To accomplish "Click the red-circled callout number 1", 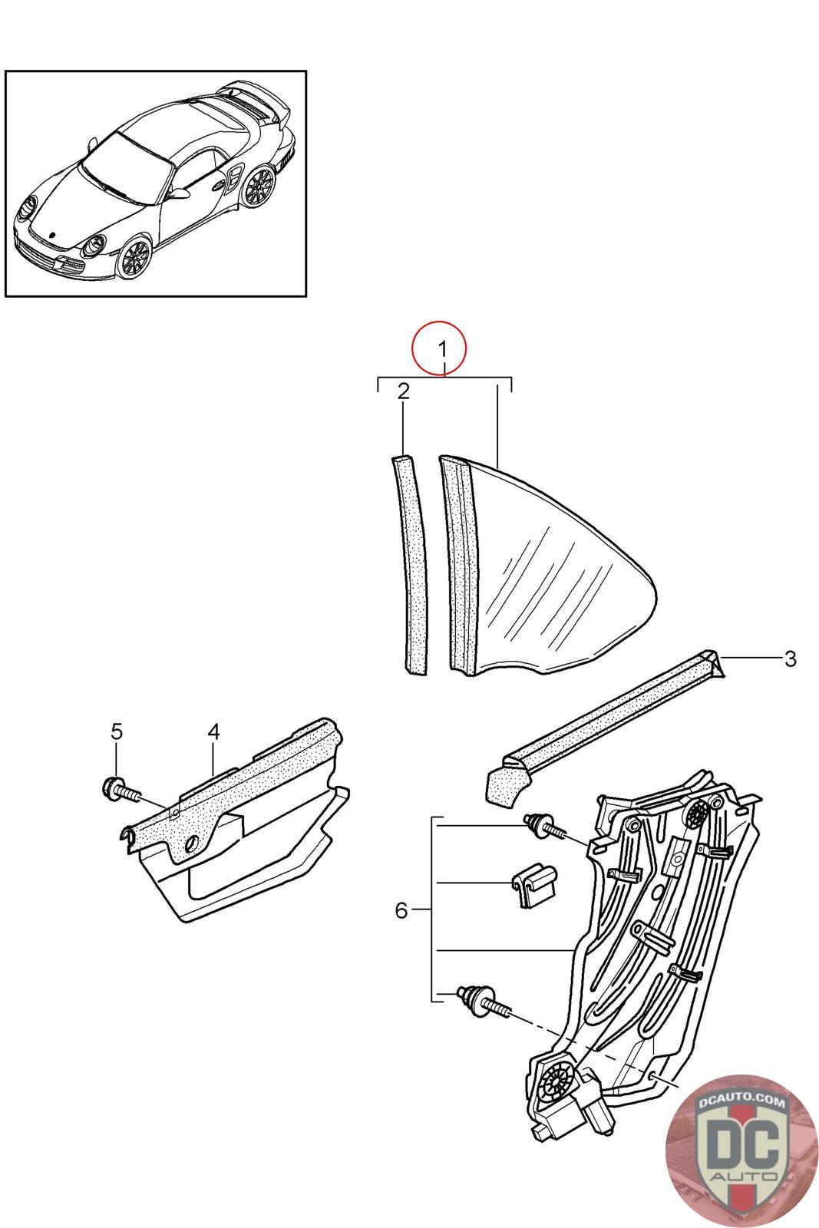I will [441, 348].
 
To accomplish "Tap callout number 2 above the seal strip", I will [403, 392].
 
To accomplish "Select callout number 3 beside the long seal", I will [790, 659].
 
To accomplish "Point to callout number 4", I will [213, 731].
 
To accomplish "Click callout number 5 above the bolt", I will [116, 731].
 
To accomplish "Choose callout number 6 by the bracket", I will [401, 910].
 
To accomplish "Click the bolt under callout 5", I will [121, 791].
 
